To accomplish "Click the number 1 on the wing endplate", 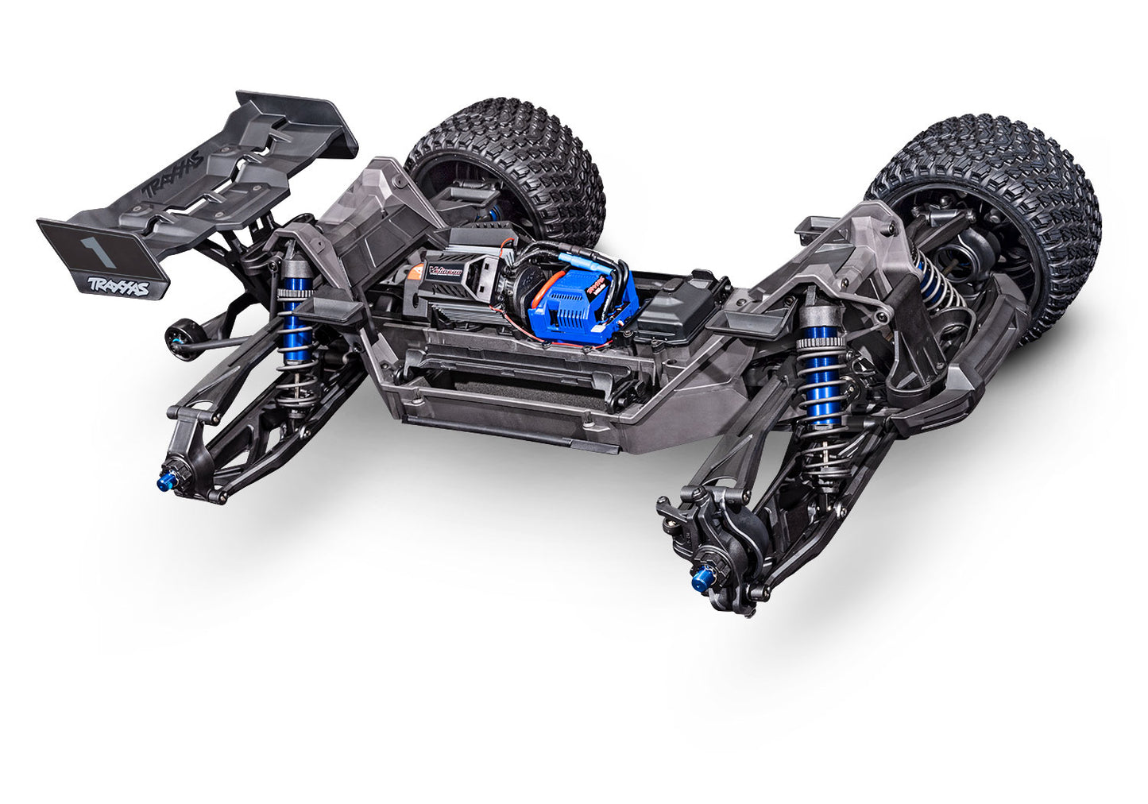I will [x=99, y=247].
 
